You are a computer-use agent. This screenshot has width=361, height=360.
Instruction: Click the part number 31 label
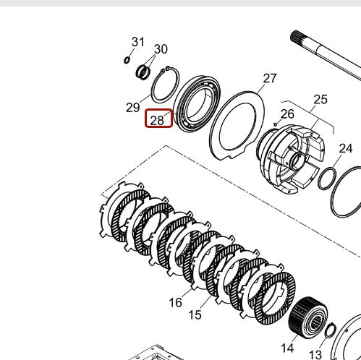pyautogui.click(x=137, y=42)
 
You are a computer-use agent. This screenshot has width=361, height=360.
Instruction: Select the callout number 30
pyautogui.click(x=160, y=49)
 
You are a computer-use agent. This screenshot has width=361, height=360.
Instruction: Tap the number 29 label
pyautogui.click(x=132, y=108)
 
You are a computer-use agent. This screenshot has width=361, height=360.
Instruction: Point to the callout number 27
pyautogui.click(x=269, y=78)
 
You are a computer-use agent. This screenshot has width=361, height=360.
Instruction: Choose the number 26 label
pyautogui.click(x=287, y=113)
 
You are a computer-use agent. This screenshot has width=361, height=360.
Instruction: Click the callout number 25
pyautogui.click(x=320, y=100)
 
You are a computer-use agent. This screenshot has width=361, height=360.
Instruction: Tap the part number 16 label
pyautogui.click(x=175, y=302)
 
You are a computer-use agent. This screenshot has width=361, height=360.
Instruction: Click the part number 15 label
pyautogui.click(x=195, y=314)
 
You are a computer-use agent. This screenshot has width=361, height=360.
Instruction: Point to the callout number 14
pyautogui.click(x=289, y=350)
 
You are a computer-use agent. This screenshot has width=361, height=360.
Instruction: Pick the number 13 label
pyautogui.click(x=315, y=354)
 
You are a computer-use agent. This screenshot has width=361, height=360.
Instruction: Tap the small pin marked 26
pyautogui.click(x=276, y=125)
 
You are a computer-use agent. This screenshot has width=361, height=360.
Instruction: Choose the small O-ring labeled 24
pyautogui.click(x=327, y=177)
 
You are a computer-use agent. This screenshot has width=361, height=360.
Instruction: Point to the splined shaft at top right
pyautogui.click(x=326, y=54)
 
